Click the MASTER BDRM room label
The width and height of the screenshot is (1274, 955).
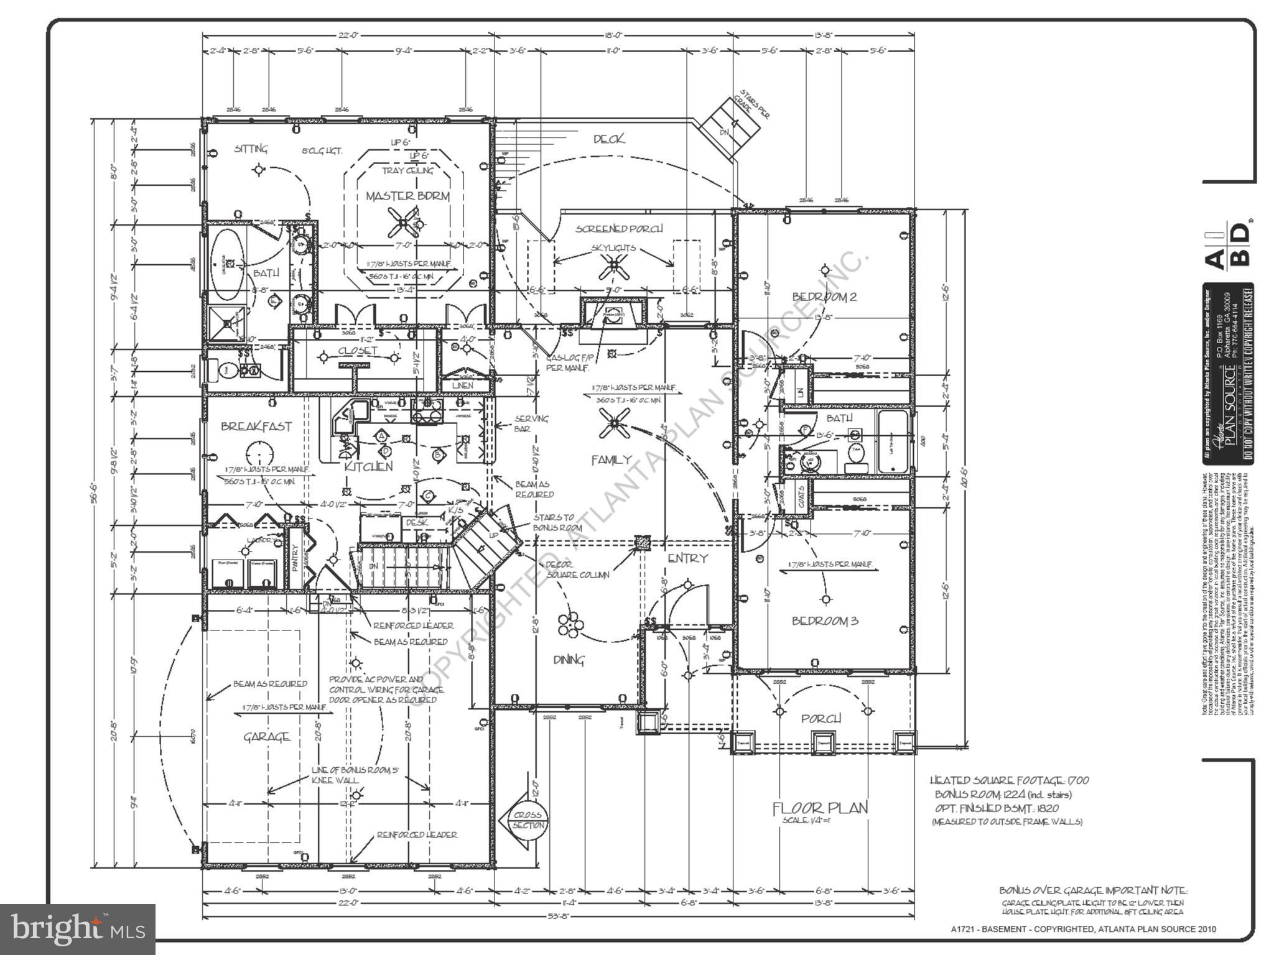407,196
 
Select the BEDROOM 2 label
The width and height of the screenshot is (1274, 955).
824,297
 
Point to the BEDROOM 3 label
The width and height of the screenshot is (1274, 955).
825,621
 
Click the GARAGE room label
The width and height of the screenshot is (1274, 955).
267,737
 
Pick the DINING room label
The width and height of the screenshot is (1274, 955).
569,660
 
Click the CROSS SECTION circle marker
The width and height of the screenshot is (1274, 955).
528,820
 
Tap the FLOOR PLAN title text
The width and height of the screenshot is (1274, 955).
819,808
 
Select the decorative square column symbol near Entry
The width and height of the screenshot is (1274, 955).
642,543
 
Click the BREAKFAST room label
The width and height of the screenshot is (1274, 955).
256,427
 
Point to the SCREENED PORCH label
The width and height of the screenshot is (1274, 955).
618,229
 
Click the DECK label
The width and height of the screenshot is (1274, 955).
608,139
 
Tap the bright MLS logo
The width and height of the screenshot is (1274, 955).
78,929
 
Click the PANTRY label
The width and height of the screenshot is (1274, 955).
295,557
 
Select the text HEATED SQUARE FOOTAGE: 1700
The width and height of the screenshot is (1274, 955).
1009,780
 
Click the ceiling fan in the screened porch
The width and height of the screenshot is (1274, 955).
613,266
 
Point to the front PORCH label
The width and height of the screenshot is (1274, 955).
821,719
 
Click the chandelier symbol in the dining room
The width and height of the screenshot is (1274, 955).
569,624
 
